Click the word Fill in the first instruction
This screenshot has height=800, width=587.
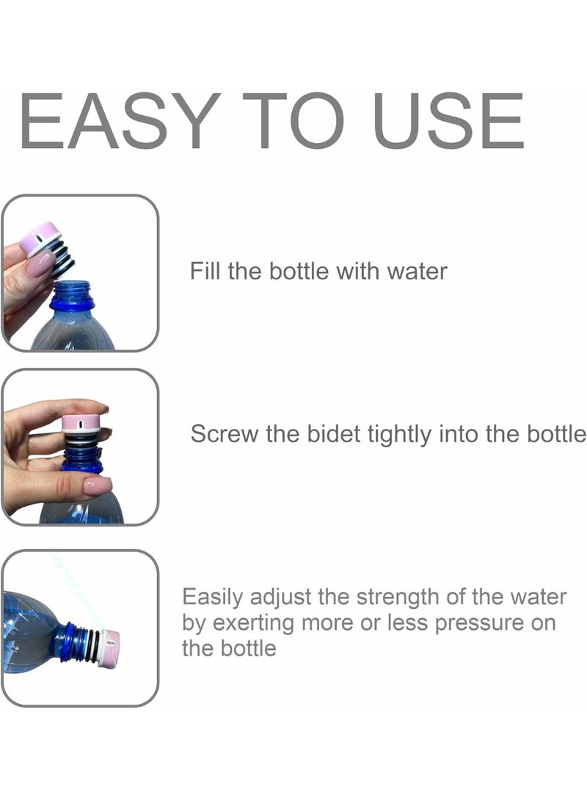tap(206, 271)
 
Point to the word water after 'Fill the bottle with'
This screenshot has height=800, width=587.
tap(416, 271)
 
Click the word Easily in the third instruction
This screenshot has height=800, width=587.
tap(212, 598)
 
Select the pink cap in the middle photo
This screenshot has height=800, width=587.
tap(81, 423)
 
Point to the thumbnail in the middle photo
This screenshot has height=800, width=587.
tap(97, 485)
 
